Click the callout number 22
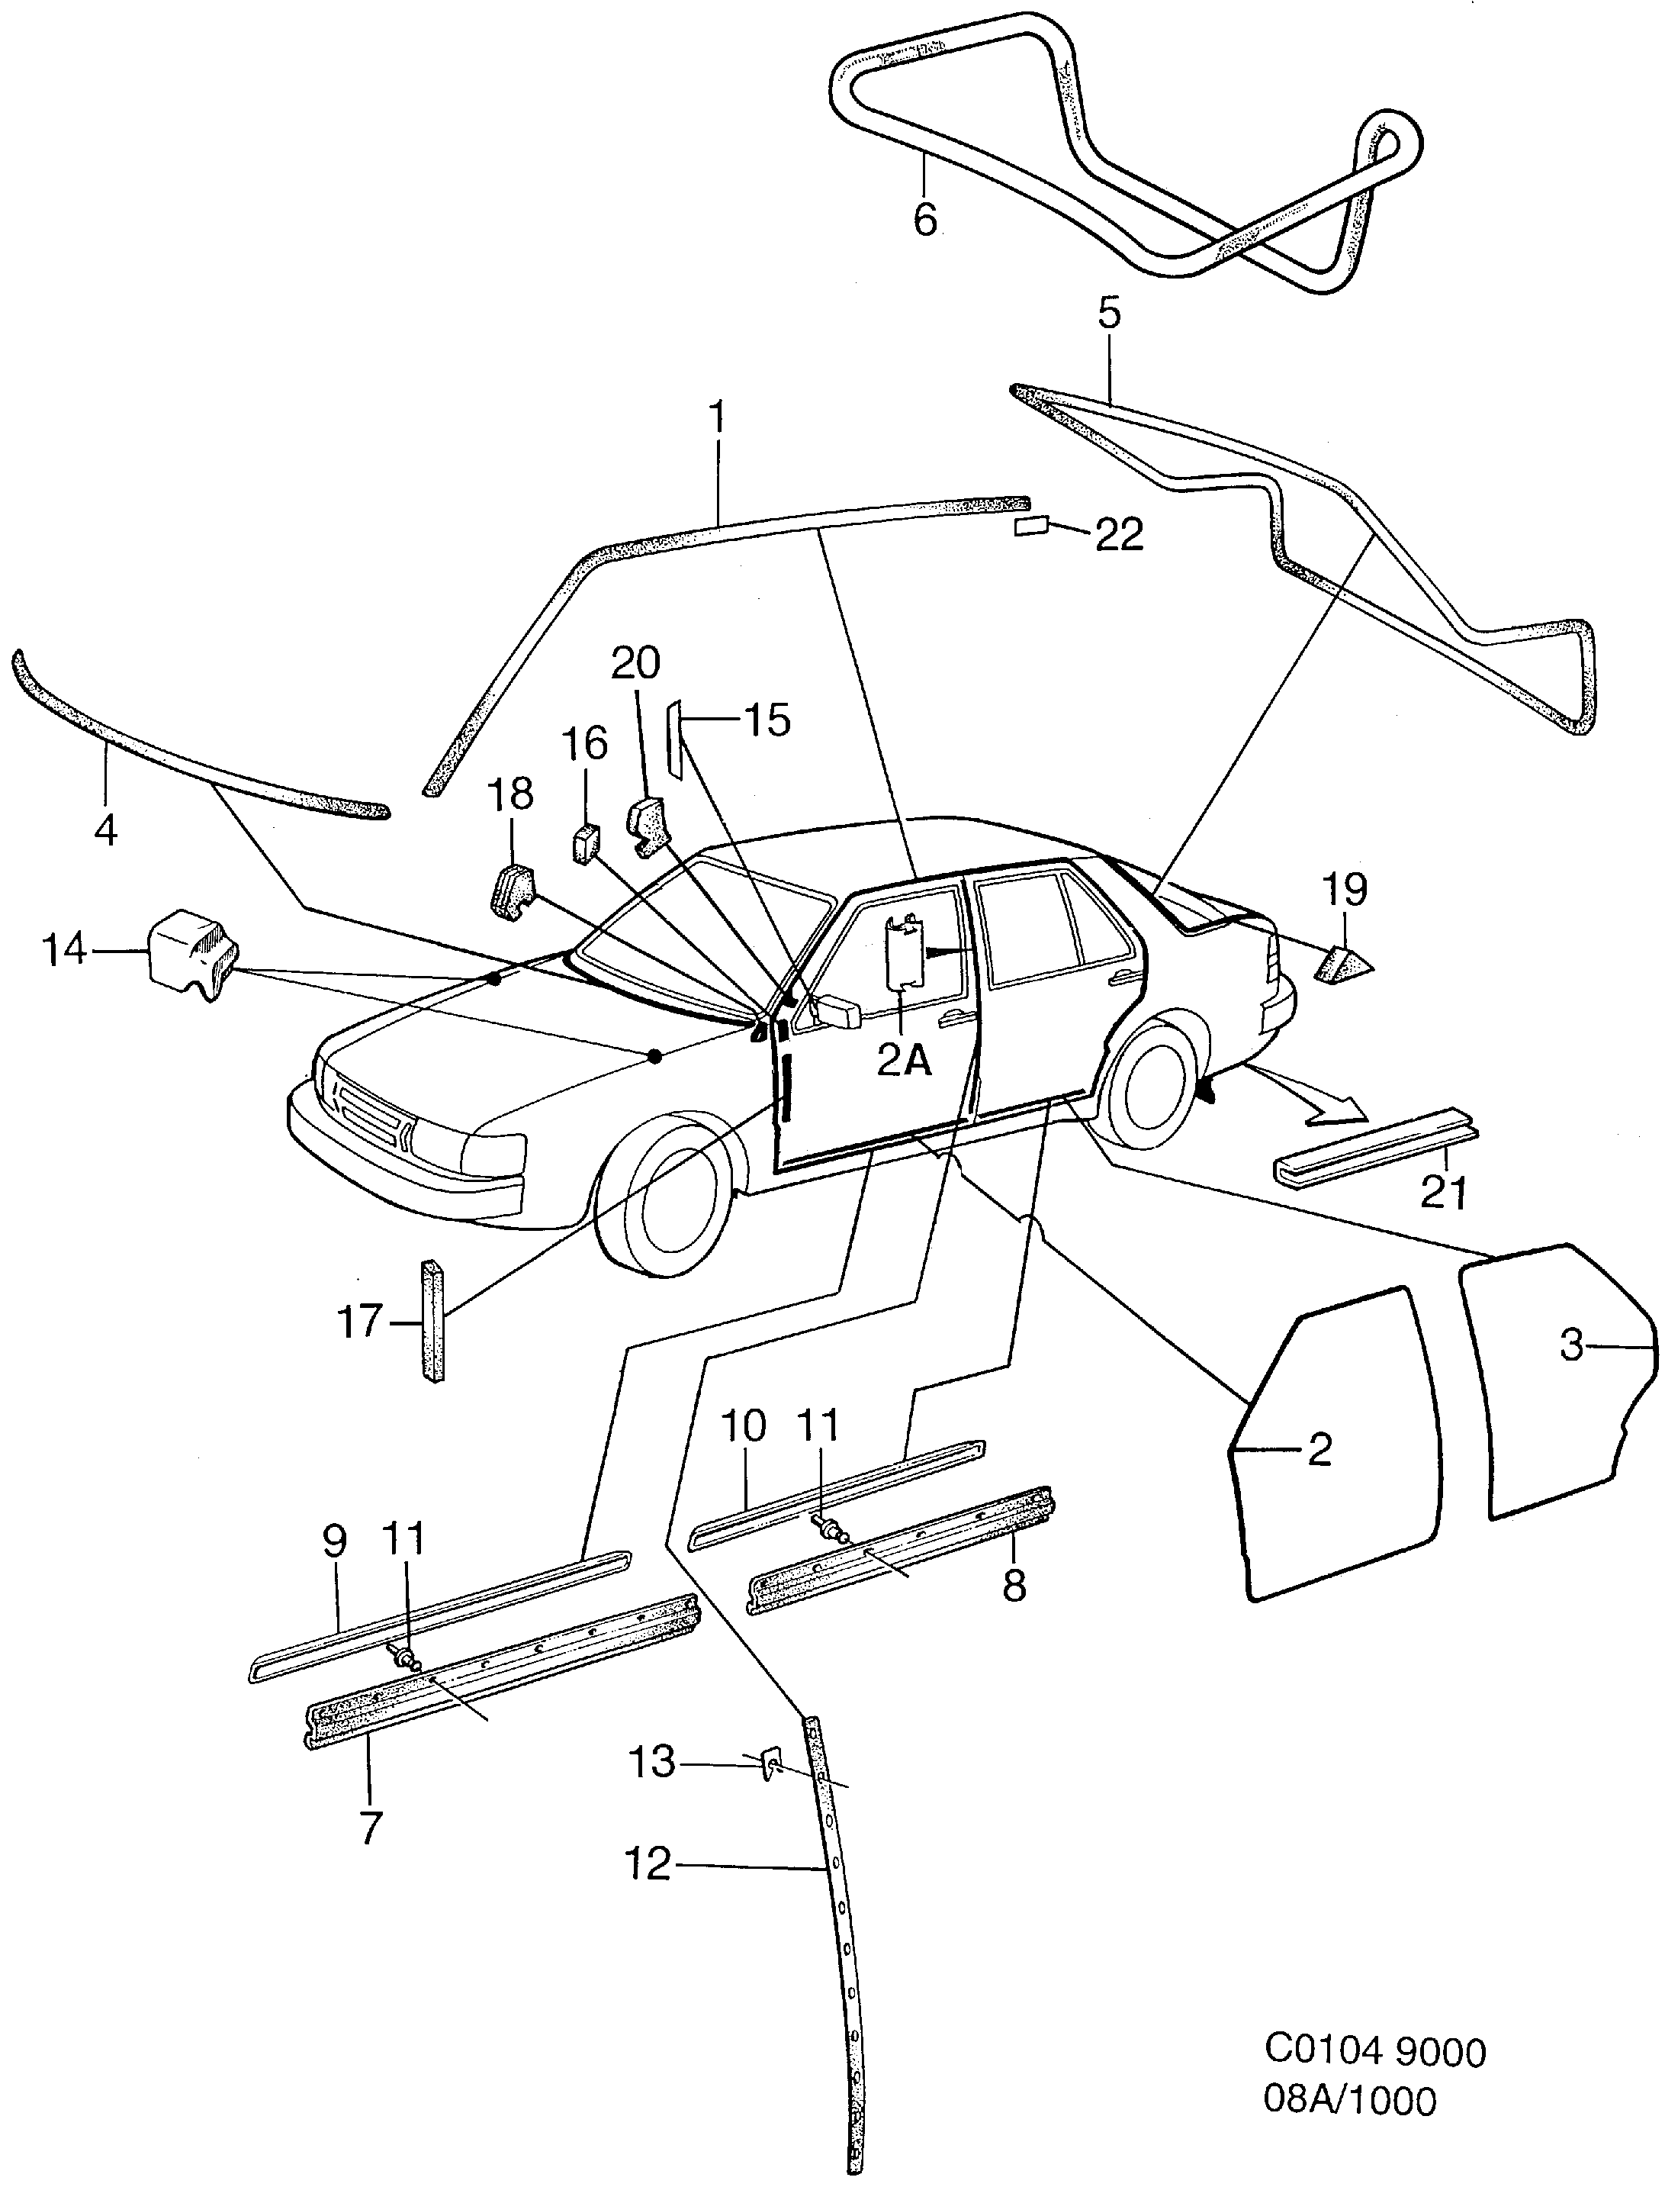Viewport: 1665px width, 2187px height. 1119,536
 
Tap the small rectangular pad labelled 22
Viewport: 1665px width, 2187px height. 1032,526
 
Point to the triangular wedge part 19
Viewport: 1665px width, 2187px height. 1344,964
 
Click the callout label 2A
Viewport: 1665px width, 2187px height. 904,1061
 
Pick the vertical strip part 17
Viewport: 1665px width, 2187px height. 434,1319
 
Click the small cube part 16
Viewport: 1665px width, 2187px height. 587,844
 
